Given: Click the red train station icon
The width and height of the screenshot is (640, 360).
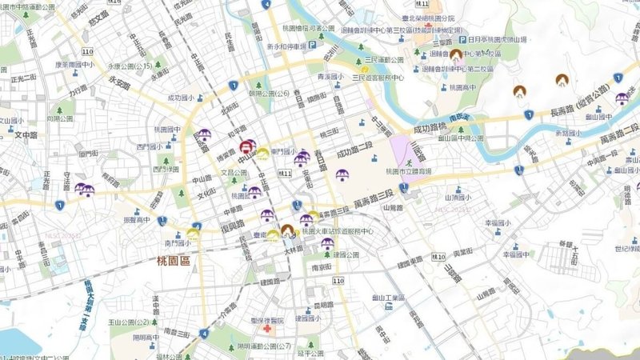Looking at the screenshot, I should (x=246, y=147).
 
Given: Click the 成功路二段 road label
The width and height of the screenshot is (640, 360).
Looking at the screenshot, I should (x=355, y=150).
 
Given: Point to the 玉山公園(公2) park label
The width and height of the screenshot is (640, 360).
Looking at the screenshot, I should (x=131, y=322).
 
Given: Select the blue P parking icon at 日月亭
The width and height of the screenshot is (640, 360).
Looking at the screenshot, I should (x=462, y=38).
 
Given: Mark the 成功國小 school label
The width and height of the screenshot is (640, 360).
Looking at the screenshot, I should (x=181, y=98).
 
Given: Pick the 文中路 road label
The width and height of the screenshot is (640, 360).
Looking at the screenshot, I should (x=26, y=134).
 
